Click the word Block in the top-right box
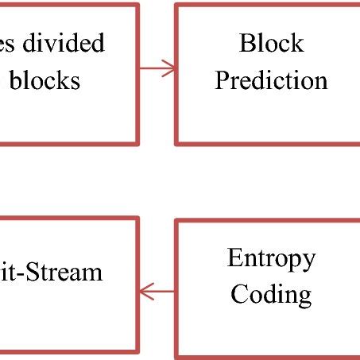tap(271, 43)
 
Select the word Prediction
tap(271, 80)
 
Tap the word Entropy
tap(271, 258)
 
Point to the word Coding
tap(271, 294)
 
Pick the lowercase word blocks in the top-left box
tap(45, 80)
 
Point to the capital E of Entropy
tap(233, 258)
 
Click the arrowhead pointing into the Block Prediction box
tap(170, 68)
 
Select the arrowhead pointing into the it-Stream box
tap(144, 292)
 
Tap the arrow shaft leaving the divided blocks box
tap(151, 68)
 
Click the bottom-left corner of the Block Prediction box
tap(177, 143)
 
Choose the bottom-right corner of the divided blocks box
tap(137, 143)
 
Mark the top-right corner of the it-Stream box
tap(137, 219)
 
